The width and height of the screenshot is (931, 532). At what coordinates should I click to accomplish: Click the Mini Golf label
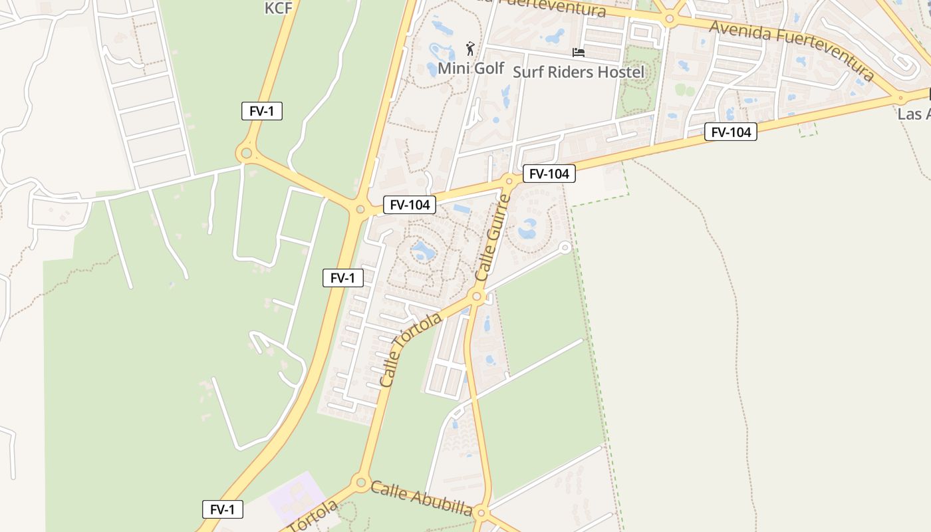[x=471, y=68]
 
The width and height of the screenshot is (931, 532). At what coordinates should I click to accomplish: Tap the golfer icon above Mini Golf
[x=471, y=49]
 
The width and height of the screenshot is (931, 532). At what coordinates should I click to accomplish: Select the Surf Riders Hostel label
[x=579, y=72]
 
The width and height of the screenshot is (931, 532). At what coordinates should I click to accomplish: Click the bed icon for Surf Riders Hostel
[x=579, y=52]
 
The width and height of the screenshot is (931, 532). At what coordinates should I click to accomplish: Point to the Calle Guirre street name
[x=493, y=237]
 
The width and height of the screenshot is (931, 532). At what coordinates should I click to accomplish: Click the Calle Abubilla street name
[x=421, y=498]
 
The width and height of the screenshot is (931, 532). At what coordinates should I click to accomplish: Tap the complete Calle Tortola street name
[x=410, y=350]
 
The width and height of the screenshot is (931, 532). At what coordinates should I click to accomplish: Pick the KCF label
[x=279, y=8]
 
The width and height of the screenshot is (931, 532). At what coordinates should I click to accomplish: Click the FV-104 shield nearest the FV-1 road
[x=410, y=205]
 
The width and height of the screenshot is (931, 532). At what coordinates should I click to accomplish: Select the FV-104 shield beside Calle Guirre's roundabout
[x=549, y=174]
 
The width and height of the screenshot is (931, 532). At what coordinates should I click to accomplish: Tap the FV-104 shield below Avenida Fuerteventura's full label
[x=731, y=132]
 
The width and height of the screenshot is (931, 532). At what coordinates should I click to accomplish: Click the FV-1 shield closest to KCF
[x=262, y=111]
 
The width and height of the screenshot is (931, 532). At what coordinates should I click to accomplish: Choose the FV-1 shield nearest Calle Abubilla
[x=223, y=510]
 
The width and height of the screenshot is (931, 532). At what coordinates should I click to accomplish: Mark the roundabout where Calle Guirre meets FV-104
[x=509, y=180]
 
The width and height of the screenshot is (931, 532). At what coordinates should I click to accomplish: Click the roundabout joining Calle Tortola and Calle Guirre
[x=476, y=296]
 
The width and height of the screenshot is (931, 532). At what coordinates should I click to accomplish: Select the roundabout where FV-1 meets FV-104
[x=360, y=209]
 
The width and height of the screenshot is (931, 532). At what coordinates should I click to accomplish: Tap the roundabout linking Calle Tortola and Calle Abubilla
[x=361, y=481]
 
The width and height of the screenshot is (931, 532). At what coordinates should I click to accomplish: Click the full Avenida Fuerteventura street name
[x=791, y=50]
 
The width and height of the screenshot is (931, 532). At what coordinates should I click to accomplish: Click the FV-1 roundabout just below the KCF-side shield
[x=246, y=154]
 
